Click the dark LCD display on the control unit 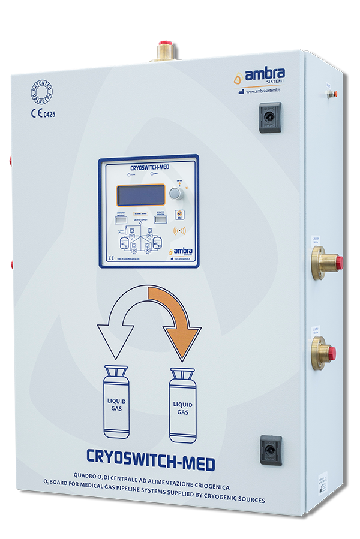click(140, 195)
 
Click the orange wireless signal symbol click(178, 231)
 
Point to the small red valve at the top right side click(334, 94)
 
